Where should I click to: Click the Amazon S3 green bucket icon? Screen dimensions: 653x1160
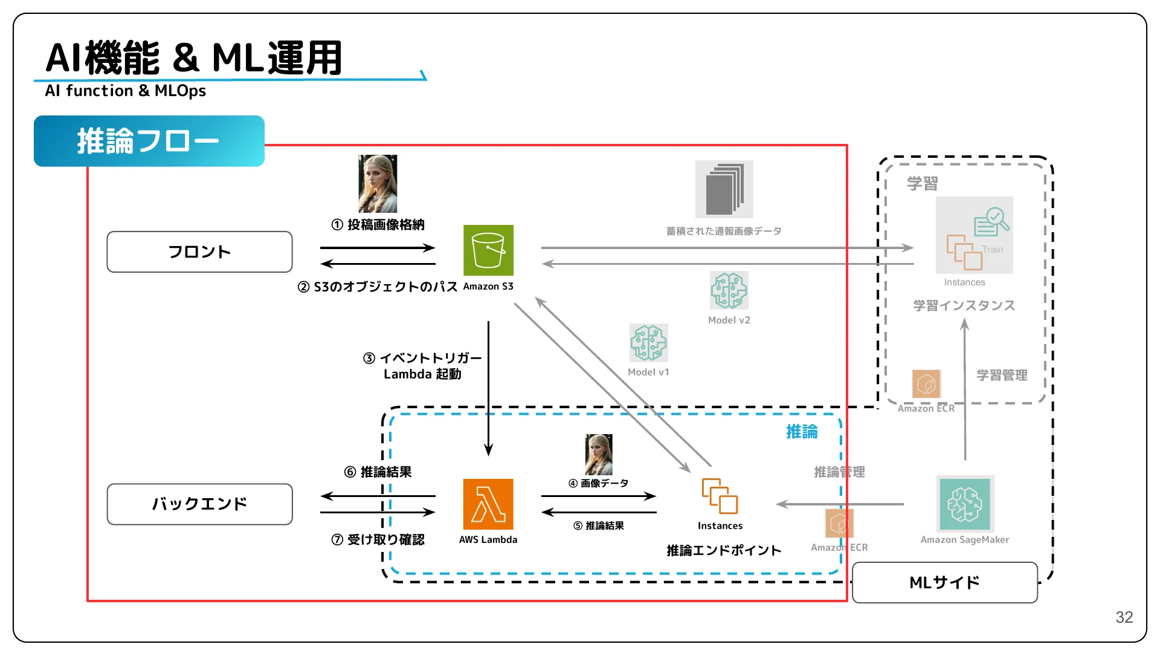(488, 250)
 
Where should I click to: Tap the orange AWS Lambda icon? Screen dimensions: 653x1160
(488, 504)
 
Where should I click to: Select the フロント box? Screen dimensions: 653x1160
(199, 252)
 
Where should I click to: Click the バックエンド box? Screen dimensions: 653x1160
(199, 504)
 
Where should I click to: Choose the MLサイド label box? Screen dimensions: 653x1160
(944, 582)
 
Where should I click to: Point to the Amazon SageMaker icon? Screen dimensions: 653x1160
(965, 504)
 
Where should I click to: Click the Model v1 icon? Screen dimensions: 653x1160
(648, 342)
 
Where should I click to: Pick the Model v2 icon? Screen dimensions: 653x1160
(729, 290)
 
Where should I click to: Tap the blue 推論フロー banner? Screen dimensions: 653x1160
(149, 141)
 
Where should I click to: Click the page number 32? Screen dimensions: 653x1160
(1124, 617)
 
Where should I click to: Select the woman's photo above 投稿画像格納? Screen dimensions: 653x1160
(378, 184)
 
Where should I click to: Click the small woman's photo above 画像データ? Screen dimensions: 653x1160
(599, 455)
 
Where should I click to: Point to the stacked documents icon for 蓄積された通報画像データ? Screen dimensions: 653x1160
(724, 189)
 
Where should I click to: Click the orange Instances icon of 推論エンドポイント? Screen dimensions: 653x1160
(720, 496)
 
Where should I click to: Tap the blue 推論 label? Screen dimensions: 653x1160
(801, 432)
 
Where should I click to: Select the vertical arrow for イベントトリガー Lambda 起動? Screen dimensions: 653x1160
(488, 387)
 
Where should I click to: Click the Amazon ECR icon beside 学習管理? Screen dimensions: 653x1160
(926, 384)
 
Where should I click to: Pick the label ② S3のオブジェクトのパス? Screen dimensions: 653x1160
(378, 287)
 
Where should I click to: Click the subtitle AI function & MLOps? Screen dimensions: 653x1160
(126, 91)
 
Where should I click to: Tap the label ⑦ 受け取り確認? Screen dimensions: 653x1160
(378, 539)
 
